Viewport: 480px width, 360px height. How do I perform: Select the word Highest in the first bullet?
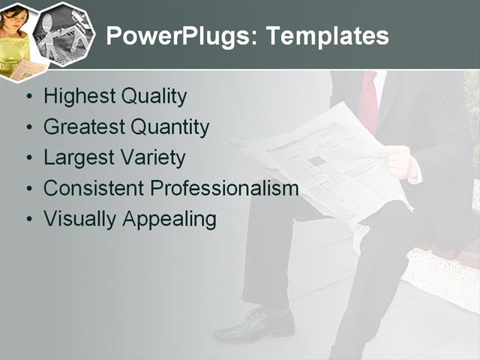76,97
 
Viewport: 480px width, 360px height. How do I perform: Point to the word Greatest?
84,127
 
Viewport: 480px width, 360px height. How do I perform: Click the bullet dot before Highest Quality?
28,97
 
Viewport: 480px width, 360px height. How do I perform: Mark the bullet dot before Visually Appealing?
28,220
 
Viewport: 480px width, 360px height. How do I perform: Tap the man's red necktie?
369,101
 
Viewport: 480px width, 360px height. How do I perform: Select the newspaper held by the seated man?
330,161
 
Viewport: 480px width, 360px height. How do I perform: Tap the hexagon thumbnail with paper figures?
64,34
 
